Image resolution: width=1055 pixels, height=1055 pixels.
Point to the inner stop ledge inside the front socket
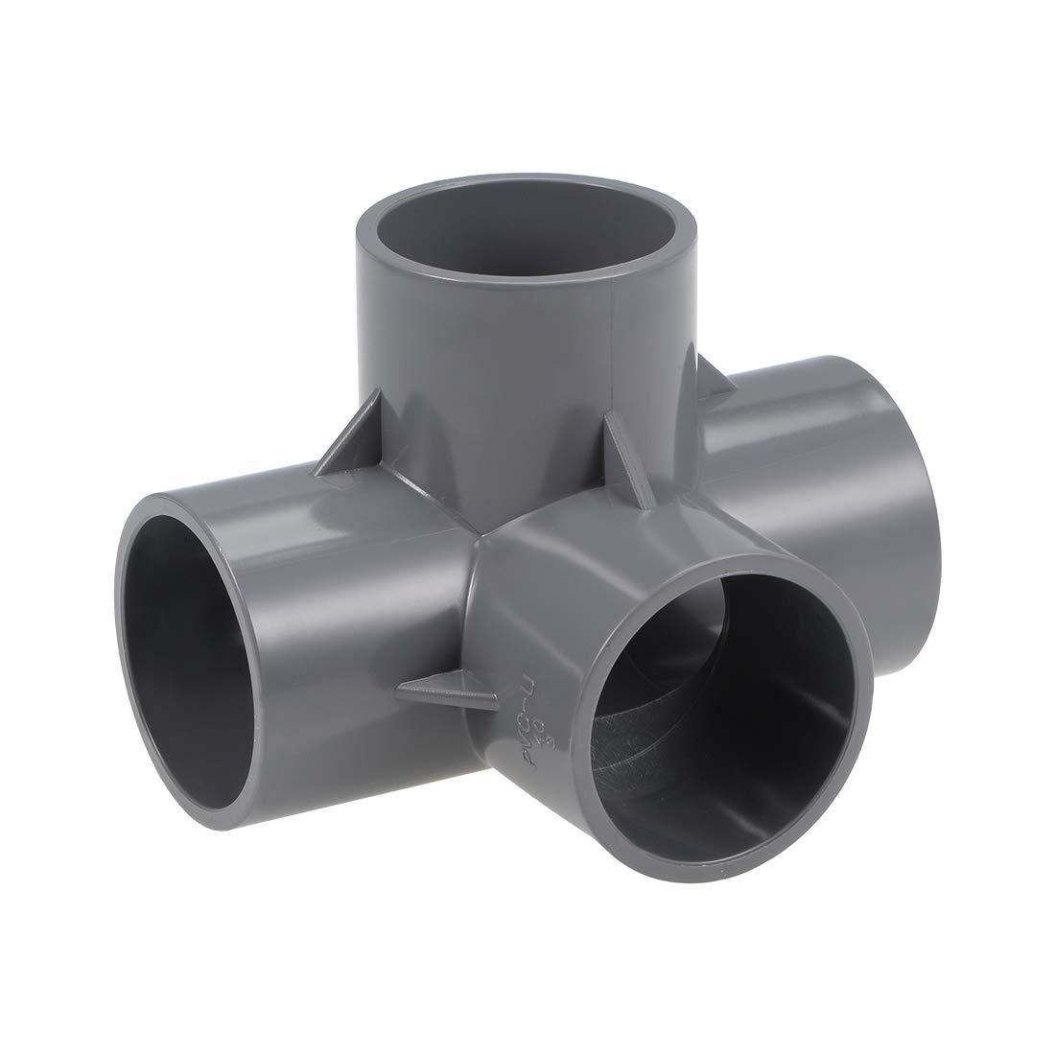[x=671, y=758]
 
